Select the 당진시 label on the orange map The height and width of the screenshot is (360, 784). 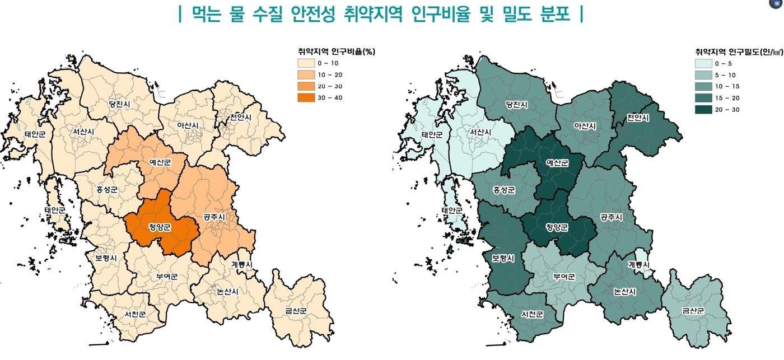119,104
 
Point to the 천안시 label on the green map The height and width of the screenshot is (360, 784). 638,118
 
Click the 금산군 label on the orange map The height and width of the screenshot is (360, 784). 295,310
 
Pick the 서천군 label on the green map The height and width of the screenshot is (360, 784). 531,314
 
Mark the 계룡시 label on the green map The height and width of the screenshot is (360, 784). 638,265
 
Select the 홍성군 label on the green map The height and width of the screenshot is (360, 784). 503,190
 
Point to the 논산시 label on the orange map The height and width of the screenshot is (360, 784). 227,292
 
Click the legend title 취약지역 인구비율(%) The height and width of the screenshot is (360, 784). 336,52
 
